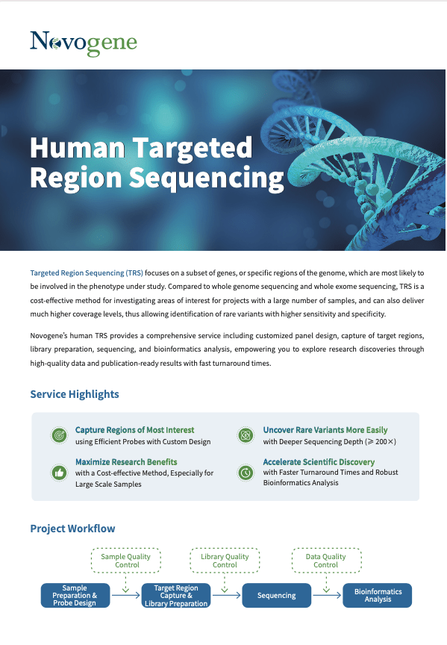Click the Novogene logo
tap(84, 43)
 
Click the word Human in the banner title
tap(78, 148)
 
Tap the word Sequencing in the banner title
tap(207, 178)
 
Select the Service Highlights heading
tap(75, 394)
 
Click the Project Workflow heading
tap(73, 529)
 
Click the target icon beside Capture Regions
tap(59, 435)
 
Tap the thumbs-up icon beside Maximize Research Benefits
tap(59, 473)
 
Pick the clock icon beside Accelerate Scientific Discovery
tap(246, 473)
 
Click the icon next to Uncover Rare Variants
tap(246, 435)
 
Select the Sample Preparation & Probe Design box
tap(75, 595)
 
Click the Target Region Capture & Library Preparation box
tap(176, 595)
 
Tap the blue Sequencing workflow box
tap(277, 595)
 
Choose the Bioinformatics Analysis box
tap(378, 595)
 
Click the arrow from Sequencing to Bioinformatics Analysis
tap(327, 595)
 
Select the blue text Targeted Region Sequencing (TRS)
tap(87, 272)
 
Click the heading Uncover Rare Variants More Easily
tap(325, 430)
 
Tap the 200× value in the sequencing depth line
tap(385, 442)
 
